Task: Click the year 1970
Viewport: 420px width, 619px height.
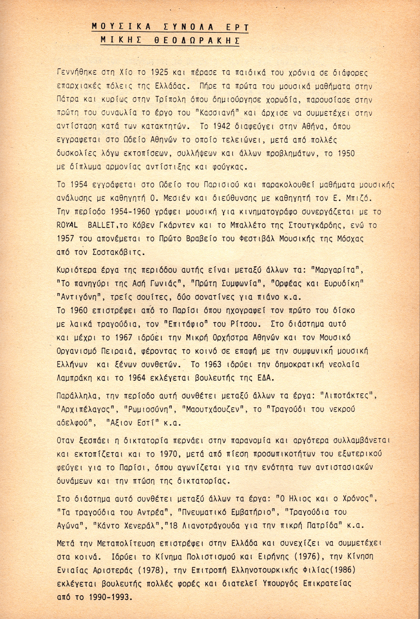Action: pos(152,454)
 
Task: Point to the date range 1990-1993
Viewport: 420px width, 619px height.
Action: pos(108,599)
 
